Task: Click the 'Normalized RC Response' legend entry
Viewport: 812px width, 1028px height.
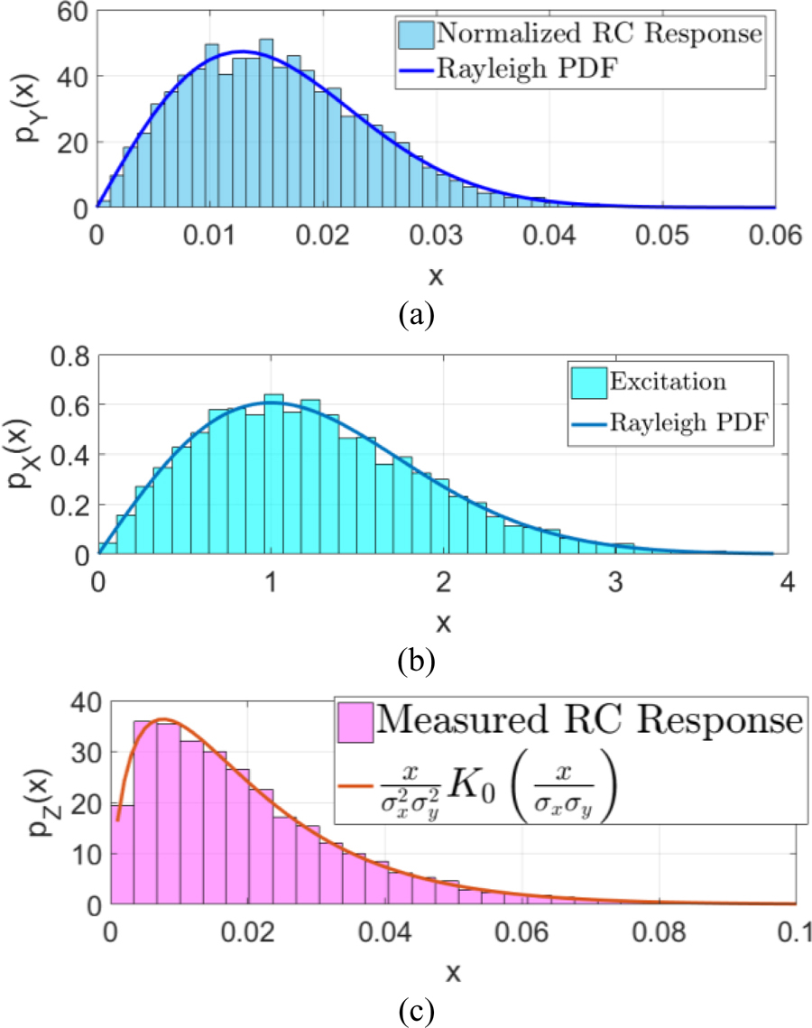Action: tap(599, 34)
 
